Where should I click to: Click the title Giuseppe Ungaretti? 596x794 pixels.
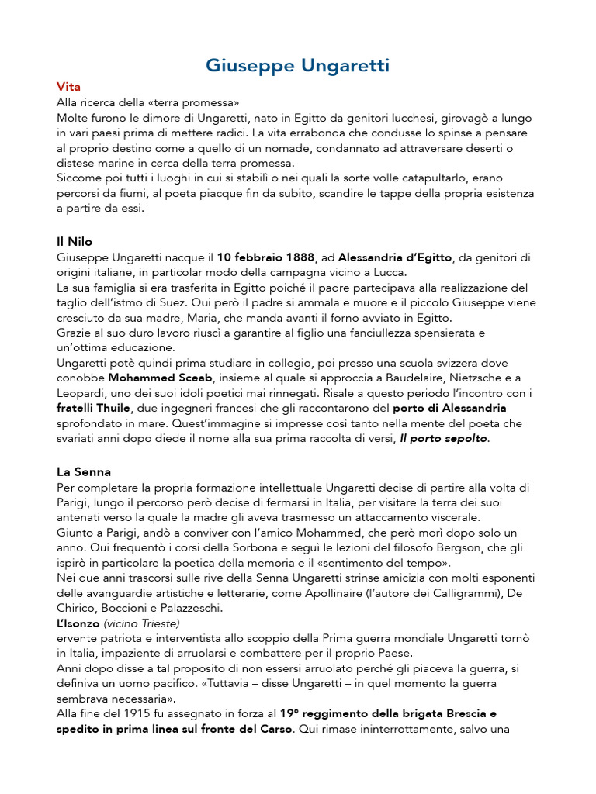click(298, 66)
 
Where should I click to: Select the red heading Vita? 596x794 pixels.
click(68, 86)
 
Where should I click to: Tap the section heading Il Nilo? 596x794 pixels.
click(74, 242)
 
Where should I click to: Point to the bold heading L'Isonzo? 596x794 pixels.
click(78, 623)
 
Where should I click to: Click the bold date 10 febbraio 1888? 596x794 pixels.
click(266, 257)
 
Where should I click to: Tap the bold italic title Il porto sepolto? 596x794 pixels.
click(444, 439)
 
